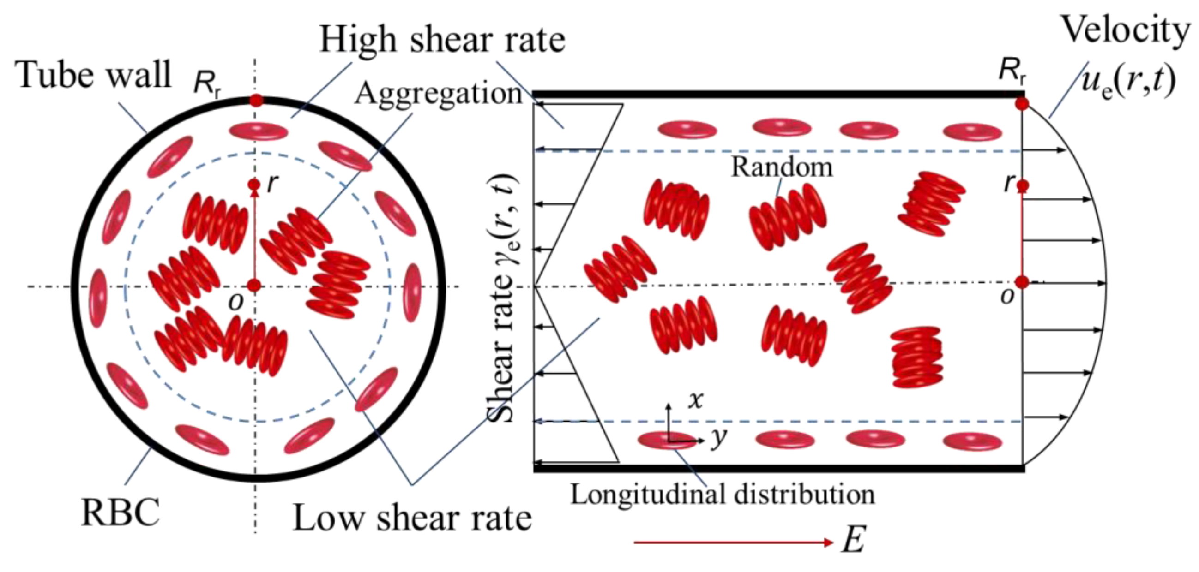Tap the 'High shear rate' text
point(442,41)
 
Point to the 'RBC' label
point(120,512)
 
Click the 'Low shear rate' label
point(412,518)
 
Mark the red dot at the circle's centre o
point(254,286)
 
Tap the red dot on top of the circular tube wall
point(256,101)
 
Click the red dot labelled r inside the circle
point(254,185)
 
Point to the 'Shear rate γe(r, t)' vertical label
point(501,298)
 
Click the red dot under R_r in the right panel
point(1022,104)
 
